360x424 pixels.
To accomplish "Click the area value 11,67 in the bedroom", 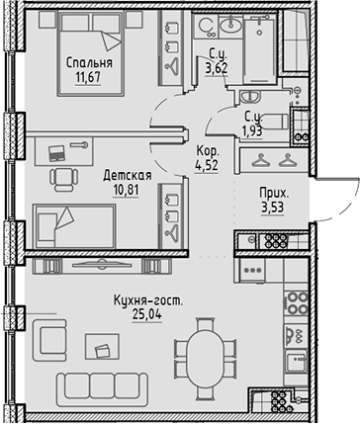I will coord(89,80).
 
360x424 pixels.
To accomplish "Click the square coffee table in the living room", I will coord(100,346).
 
